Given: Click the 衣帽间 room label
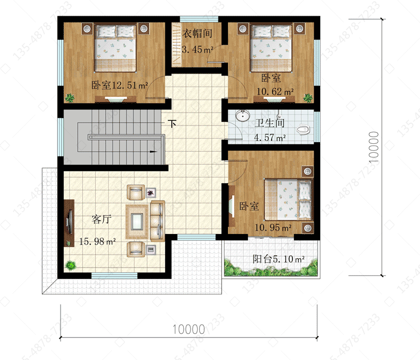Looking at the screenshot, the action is (x=198, y=33).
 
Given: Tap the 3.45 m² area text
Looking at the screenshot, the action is (x=198, y=50).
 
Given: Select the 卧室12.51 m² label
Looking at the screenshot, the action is (x=120, y=85).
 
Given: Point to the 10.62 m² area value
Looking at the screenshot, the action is (x=275, y=92).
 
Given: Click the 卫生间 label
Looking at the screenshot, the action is (x=270, y=123).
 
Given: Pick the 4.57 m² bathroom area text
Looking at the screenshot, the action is (x=270, y=138).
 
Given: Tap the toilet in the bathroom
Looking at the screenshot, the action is (x=303, y=130).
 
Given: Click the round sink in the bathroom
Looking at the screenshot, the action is (x=242, y=115).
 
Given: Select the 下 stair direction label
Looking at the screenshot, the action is (x=172, y=124).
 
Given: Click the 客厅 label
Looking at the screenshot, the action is (x=101, y=219).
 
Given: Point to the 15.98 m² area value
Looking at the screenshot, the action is (x=97, y=242).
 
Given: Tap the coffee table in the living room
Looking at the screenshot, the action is (x=137, y=221).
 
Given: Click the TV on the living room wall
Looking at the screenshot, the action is (x=70, y=222).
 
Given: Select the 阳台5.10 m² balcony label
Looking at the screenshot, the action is (x=278, y=259).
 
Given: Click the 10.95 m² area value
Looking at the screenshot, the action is (x=273, y=228).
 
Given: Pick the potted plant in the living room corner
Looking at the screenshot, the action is (x=71, y=265).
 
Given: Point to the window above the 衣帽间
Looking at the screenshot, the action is (x=199, y=19).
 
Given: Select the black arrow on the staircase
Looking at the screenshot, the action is (x=153, y=152).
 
